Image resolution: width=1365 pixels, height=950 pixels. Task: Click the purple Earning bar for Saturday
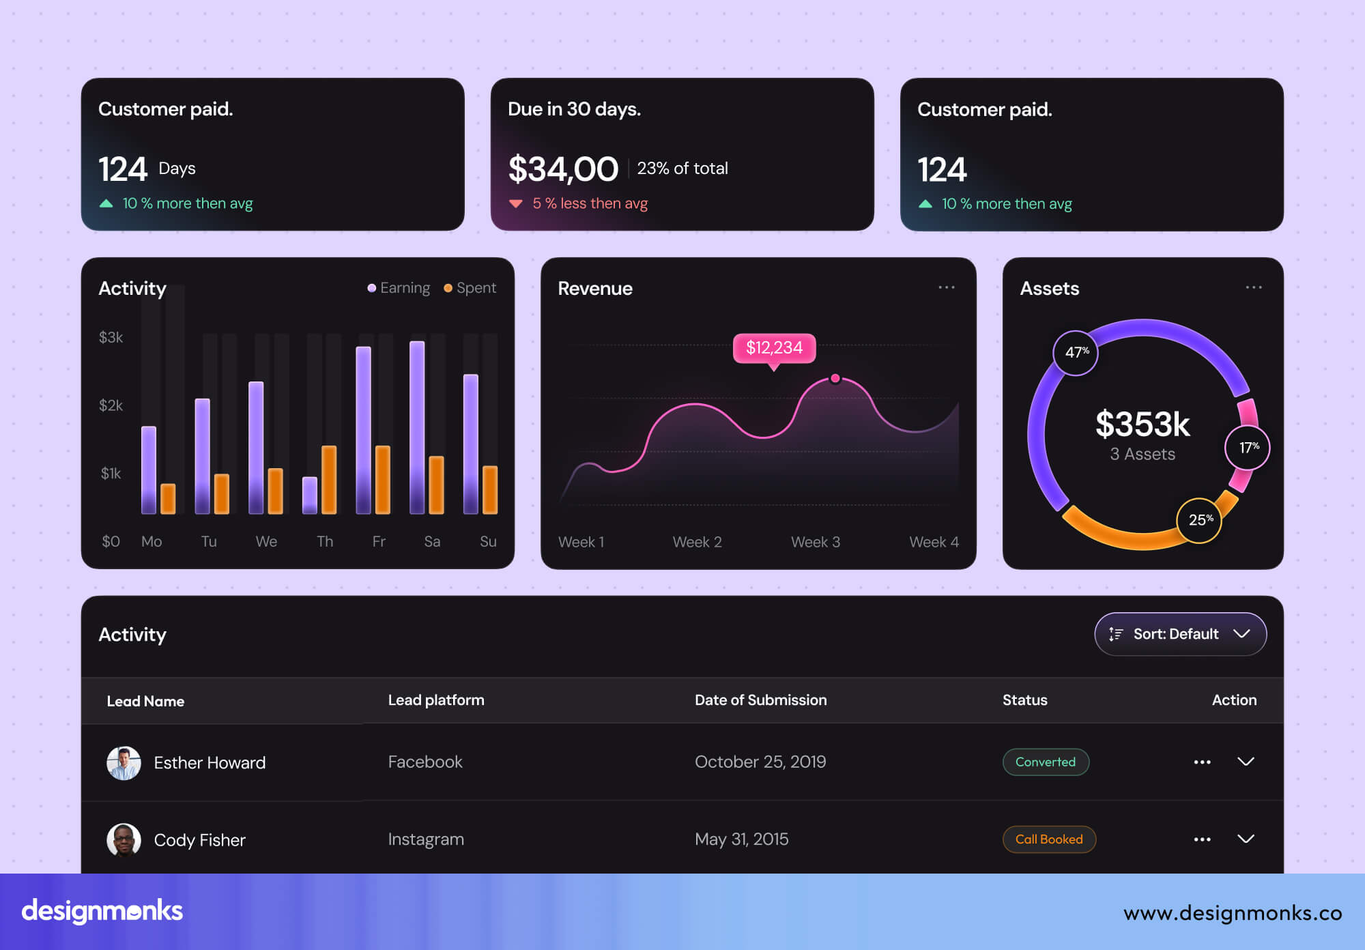pyautogui.click(x=417, y=427)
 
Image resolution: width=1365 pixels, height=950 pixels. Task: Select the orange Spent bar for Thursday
pyautogui.click(x=329, y=479)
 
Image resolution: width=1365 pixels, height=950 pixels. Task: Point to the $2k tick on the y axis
pyautogui.click(x=111, y=405)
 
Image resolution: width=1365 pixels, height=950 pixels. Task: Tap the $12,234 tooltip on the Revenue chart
pyautogui.click(x=774, y=348)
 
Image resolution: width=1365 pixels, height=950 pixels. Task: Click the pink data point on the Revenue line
pyautogui.click(x=835, y=378)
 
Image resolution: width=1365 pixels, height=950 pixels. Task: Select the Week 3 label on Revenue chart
pyautogui.click(x=816, y=542)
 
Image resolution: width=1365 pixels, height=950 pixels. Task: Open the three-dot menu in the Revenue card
pyautogui.click(x=947, y=287)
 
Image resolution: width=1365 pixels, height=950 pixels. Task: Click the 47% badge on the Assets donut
pyautogui.click(x=1076, y=352)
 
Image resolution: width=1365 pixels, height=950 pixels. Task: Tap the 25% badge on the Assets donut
pyautogui.click(x=1200, y=520)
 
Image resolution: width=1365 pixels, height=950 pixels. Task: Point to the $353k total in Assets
pyautogui.click(x=1143, y=424)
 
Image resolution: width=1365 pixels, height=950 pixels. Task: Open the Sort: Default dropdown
pyautogui.click(x=1180, y=634)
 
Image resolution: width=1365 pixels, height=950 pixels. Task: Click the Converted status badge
pyautogui.click(x=1045, y=762)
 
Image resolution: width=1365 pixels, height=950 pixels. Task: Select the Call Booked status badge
pyautogui.click(x=1048, y=839)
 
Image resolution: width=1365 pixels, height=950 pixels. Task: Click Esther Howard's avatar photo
pyautogui.click(x=124, y=762)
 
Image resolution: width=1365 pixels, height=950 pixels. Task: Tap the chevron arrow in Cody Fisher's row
pyautogui.click(x=1246, y=839)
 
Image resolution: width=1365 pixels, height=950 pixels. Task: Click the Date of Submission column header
pyautogui.click(x=760, y=700)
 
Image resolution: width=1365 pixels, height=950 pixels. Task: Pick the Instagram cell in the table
pyautogui.click(x=426, y=839)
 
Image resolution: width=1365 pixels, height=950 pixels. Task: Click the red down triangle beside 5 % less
pyautogui.click(x=516, y=203)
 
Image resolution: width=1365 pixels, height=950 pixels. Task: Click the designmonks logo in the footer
pyautogui.click(x=102, y=911)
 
